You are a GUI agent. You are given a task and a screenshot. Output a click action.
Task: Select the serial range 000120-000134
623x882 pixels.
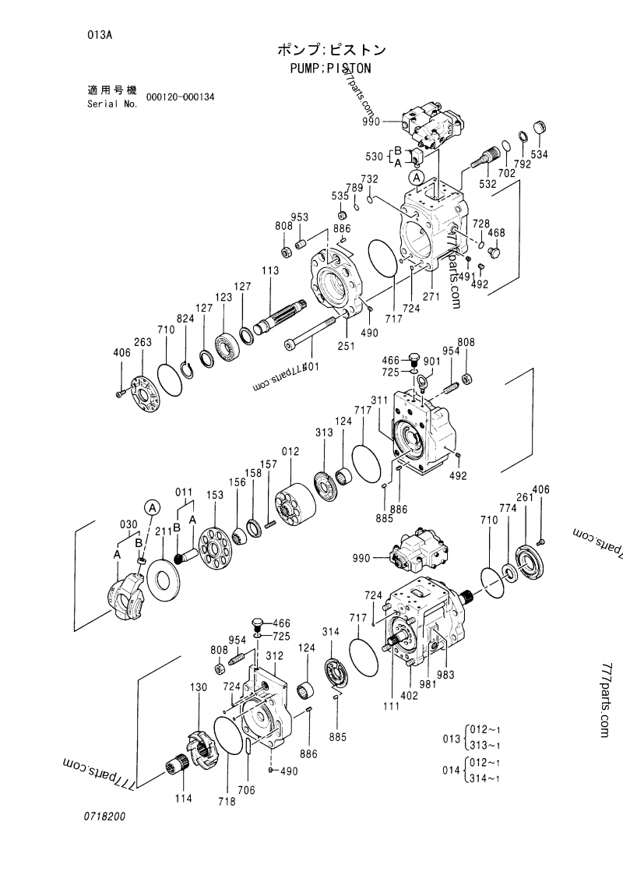point(180,97)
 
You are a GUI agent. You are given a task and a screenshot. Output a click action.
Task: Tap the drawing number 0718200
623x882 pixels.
point(105,817)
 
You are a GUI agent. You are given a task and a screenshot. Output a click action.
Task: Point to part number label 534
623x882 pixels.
point(540,154)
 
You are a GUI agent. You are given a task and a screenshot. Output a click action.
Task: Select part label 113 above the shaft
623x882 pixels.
point(270,270)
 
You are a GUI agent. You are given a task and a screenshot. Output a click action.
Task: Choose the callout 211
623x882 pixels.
point(163,532)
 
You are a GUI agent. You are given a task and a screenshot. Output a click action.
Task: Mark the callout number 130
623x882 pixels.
point(199,687)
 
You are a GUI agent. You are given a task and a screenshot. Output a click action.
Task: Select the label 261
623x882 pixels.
point(524,498)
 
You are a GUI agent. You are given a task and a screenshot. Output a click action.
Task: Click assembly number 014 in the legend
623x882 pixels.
point(451,770)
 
